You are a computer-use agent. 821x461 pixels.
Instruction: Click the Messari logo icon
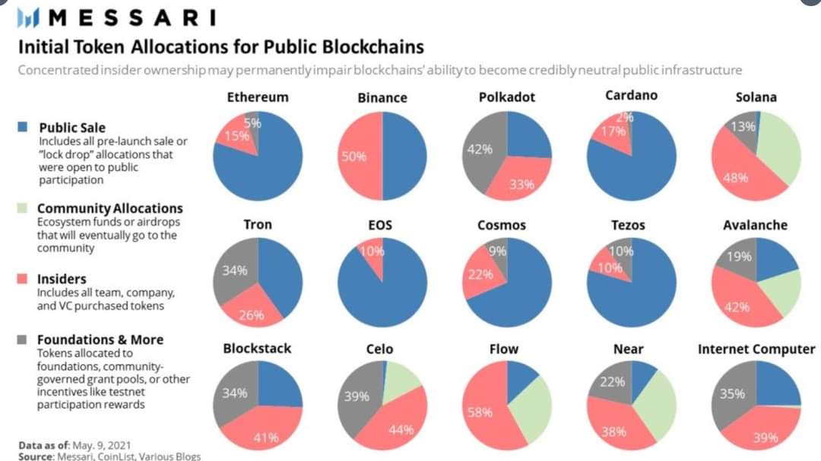[x=28, y=17]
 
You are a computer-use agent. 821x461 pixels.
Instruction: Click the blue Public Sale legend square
[x=24, y=127]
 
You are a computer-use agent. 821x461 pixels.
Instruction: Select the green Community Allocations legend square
[x=24, y=208]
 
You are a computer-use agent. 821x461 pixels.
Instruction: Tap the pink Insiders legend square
[x=24, y=278]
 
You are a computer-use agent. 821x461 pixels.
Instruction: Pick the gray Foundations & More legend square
[x=24, y=339]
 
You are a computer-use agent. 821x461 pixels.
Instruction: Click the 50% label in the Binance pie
[x=354, y=157]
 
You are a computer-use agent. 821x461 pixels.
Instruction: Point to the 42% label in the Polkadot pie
[x=474, y=149]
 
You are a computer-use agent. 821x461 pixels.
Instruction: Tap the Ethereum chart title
[x=258, y=97]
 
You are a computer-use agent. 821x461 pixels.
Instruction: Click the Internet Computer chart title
[x=756, y=349]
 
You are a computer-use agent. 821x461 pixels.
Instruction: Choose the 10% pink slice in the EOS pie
[x=372, y=252]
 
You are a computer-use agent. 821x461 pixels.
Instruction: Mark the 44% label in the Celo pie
[x=401, y=429]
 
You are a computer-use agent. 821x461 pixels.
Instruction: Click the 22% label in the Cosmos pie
[x=480, y=274]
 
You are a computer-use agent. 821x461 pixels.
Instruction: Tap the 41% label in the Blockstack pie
[x=265, y=437]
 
